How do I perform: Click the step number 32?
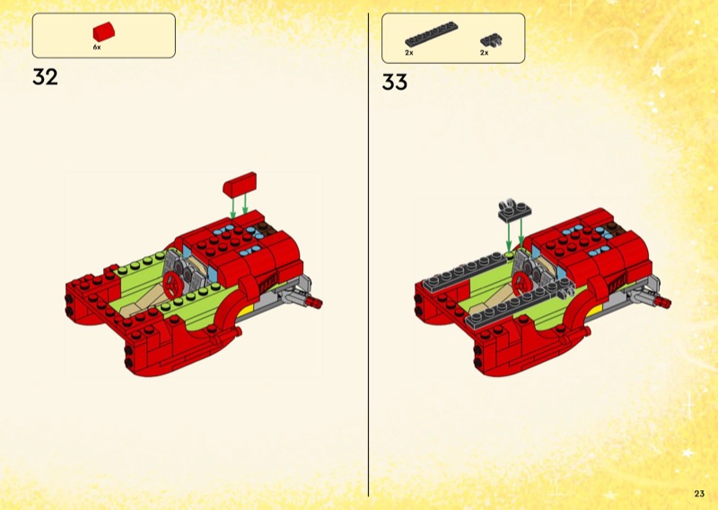pos(46,77)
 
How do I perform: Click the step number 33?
pos(394,83)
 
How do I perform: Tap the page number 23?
pos(699,494)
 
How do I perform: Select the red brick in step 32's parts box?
pos(104,31)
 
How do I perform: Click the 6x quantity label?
pos(97,48)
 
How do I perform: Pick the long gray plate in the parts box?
pos(432,34)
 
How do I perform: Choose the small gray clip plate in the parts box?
pos(491,40)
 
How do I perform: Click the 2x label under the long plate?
pos(409,53)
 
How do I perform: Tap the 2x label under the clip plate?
pos(485,53)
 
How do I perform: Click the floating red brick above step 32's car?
pos(240,185)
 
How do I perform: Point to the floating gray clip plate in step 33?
pos(514,210)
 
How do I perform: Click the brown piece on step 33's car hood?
pos(614,228)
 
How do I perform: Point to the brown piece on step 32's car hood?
pos(266,228)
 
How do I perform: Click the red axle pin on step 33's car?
pos(663,302)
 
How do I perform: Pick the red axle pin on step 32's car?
pos(315,302)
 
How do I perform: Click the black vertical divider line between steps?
pos(368,255)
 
